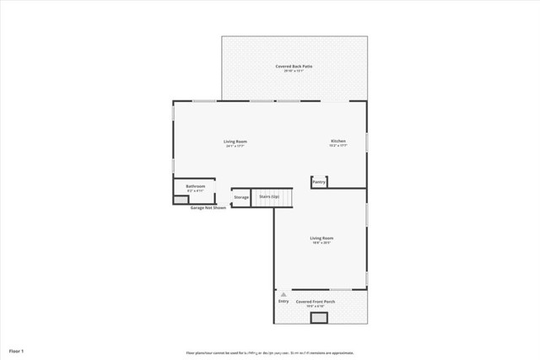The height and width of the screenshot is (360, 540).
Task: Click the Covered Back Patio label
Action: coord(294,66)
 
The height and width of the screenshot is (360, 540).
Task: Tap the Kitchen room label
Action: coord(337,141)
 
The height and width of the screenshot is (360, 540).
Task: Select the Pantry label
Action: coord(319,181)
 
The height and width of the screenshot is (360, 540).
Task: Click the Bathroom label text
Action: coord(195,185)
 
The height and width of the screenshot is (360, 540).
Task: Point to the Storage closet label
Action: coord(241,197)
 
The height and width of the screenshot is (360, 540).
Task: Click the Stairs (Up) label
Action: coord(269,196)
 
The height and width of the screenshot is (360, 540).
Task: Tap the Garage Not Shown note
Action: coord(208,207)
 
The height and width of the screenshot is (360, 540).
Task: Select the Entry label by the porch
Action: coord(283,300)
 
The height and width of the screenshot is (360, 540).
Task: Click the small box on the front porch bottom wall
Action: coord(319,318)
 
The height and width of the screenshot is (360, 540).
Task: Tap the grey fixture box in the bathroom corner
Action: coord(181,199)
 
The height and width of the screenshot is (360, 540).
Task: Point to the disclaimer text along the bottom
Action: coord(270,353)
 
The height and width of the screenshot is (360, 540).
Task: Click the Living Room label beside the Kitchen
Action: coord(235,141)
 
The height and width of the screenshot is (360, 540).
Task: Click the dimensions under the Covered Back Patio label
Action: coord(294,71)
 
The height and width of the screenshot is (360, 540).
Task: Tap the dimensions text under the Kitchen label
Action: coord(337,146)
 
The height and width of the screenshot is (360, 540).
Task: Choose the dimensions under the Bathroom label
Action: coord(195,191)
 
